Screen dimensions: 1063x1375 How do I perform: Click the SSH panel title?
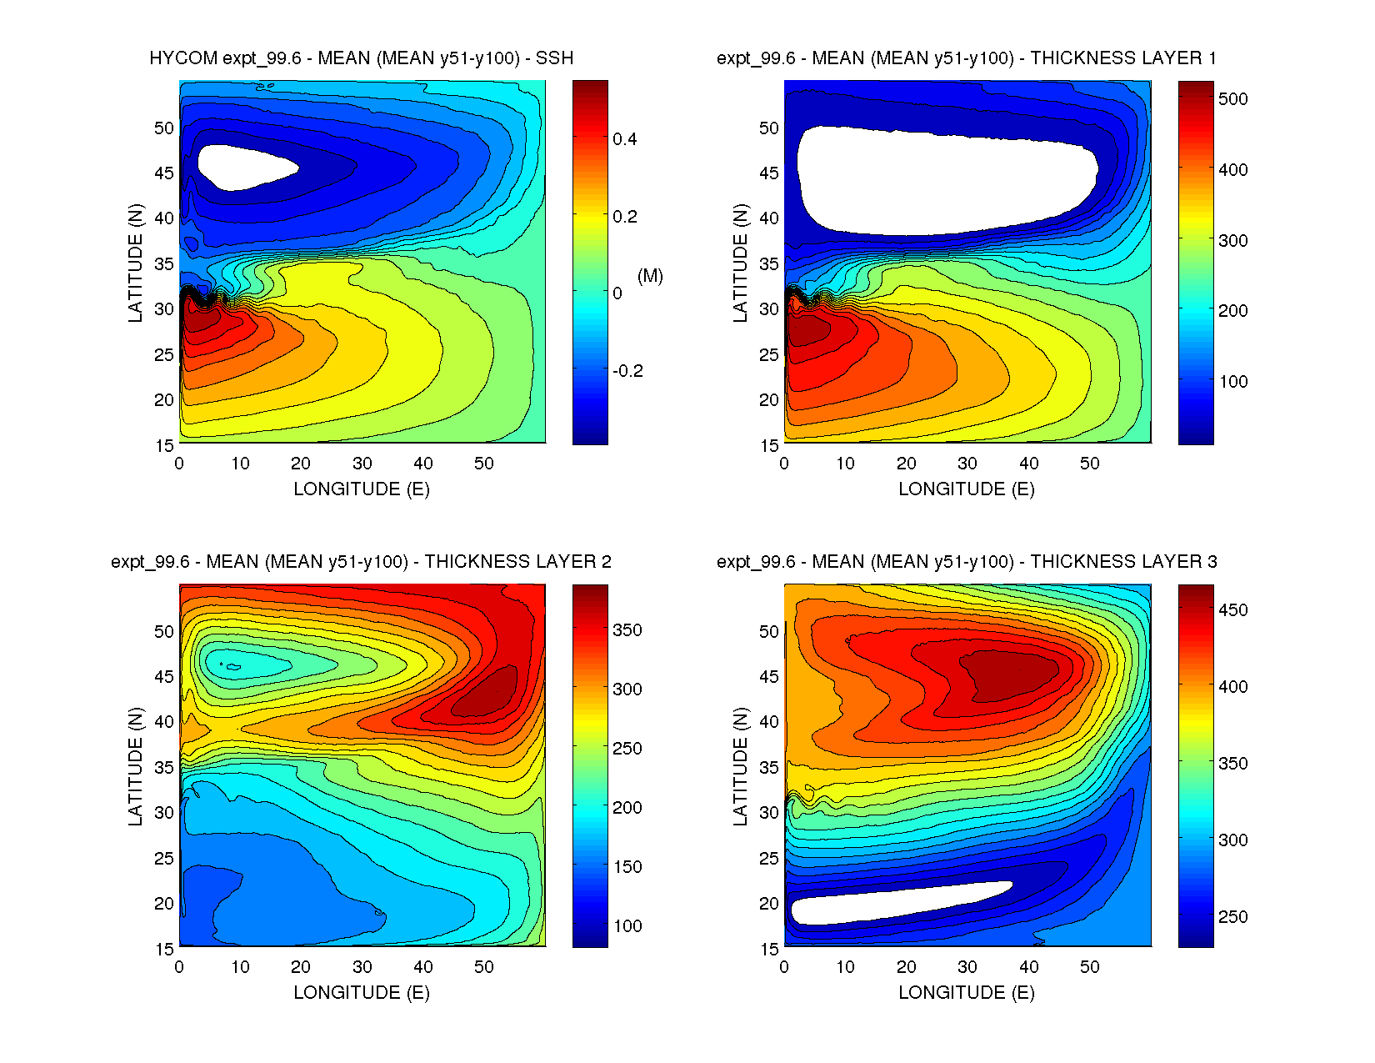click(361, 58)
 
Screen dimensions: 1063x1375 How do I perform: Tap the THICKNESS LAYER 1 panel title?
click(966, 58)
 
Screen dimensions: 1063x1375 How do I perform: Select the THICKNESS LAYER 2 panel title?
click(361, 562)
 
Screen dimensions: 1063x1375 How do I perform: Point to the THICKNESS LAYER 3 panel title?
click(966, 562)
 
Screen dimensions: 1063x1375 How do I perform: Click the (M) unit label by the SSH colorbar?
click(650, 276)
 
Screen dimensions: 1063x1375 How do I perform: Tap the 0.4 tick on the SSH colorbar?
click(624, 139)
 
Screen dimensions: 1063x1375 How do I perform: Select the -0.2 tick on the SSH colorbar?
click(627, 371)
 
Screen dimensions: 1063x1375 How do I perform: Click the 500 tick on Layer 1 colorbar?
click(1232, 99)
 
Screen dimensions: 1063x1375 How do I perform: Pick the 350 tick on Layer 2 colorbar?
click(627, 630)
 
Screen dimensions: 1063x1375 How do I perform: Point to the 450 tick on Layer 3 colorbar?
click(1232, 610)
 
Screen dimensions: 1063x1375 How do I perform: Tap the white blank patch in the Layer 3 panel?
click(900, 903)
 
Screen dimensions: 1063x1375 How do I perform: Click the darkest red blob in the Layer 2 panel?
click(487, 694)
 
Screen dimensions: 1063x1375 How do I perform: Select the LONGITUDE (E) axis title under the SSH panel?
click(361, 489)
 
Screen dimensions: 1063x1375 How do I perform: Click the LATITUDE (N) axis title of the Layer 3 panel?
click(740, 766)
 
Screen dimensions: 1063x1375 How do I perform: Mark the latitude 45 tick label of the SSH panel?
click(164, 173)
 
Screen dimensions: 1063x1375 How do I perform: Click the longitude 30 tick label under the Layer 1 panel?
click(967, 464)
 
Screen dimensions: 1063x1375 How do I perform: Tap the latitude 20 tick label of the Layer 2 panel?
click(164, 904)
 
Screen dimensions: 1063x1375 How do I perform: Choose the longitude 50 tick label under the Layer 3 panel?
click(1089, 967)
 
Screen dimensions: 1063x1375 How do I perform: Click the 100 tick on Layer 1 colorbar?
click(1232, 382)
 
